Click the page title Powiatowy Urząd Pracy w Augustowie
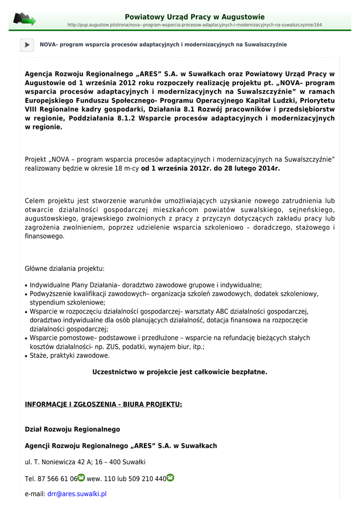tap(194, 17)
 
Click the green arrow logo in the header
tap(24, 19)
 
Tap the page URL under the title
tap(194, 25)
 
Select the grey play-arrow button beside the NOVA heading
tap(27, 45)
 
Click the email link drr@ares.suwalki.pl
tap(77, 494)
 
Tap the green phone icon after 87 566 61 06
tap(81, 478)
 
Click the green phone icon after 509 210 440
tap(170, 478)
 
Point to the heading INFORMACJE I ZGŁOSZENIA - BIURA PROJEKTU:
tap(103, 404)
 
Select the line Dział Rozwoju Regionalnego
tap(72, 429)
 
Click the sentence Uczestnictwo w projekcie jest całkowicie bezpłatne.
tap(180, 372)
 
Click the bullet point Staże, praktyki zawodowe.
tap(70, 356)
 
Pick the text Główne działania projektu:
tap(65, 268)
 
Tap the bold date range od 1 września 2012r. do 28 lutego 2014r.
tap(211, 169)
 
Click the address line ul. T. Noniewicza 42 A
tap(85, 462)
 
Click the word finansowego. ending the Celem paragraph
tap(45, 236)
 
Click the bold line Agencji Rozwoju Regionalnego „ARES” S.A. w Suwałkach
tap(121, 446)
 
